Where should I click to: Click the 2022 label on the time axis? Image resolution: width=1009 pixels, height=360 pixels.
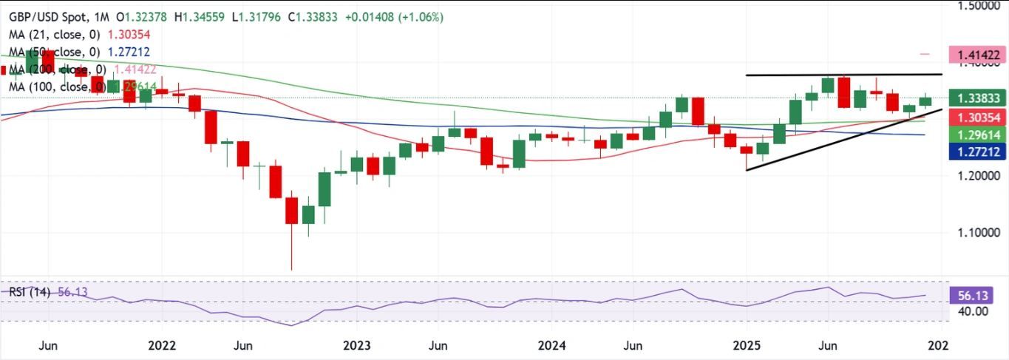coord(161,345)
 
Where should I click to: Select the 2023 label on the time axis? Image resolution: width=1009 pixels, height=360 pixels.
coord(357,345)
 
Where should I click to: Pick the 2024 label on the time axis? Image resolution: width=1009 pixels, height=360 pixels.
coord(552,345)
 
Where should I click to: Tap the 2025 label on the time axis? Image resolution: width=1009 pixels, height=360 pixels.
coord(747,345)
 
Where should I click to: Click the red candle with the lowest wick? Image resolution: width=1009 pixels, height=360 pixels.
coord(291,211)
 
